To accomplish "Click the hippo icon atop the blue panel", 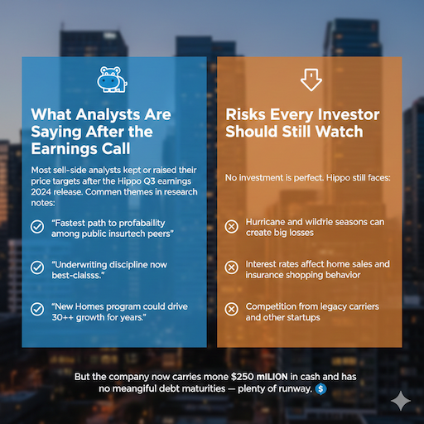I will pyautogui.click(x=110, y=79).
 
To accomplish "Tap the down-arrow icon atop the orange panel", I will pyautogui.click(x=311, y=79).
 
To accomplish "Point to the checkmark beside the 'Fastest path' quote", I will pyautogui.click(x=37, y=226).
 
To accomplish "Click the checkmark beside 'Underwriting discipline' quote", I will pyautogui.click(x=37, y=267).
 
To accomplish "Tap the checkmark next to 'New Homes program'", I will pyautogui.click(x=37, y=309).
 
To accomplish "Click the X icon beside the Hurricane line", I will pyautogui.click(x=232, y=226).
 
